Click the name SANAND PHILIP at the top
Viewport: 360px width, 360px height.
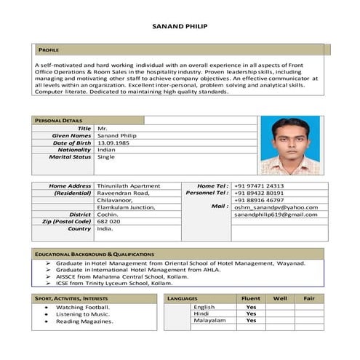(x=180, y=25)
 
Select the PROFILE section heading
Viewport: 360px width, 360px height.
(x=49, y=49)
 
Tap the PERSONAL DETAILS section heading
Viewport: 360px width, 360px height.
(x=59, y=121)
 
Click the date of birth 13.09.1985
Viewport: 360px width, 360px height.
(x=113, y=143)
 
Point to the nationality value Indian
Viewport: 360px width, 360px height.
(x=106, y=150)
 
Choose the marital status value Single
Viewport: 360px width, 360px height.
(x=106, y=157)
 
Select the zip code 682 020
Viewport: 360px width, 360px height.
(x=109, y=221)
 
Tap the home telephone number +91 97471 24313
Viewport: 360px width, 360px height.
(x=259, y=186)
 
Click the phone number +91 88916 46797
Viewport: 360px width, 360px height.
(x=259, y=200)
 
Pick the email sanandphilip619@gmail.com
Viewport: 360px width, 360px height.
(x=276, y=215)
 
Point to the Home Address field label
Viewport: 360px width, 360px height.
(x=70, y=186)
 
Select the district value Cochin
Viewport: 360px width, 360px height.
(x=108, y=215)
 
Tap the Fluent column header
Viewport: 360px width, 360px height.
(x=251, y=298)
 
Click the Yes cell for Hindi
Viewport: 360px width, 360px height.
(x=251, y=313)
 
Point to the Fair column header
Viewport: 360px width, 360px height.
(x=309, y=298)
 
